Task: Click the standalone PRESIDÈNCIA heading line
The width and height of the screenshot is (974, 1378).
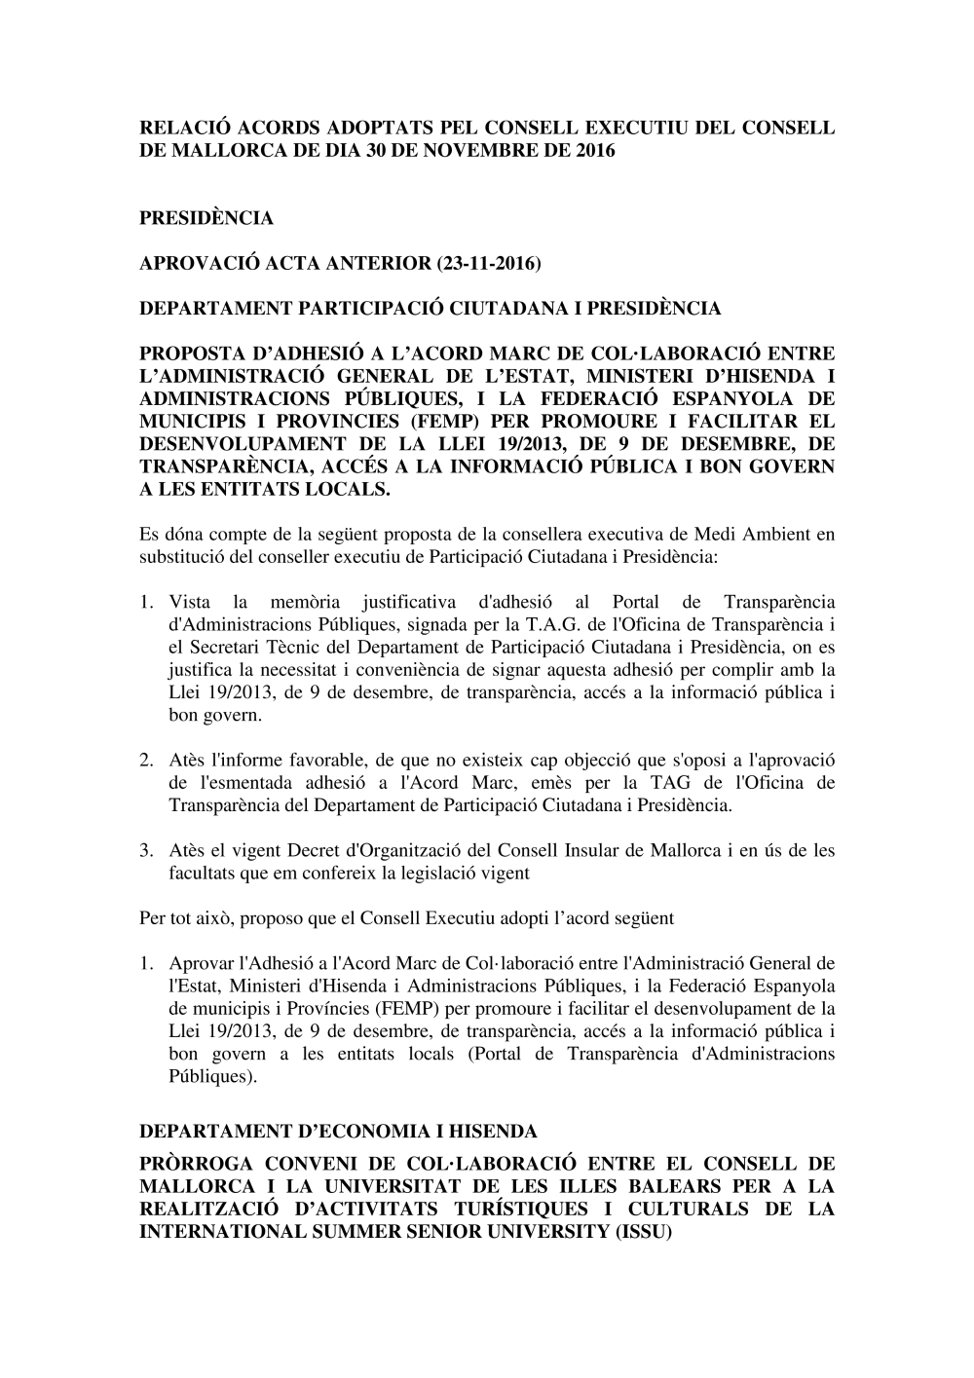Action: [206, 218]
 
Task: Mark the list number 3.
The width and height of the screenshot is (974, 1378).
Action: [146, 850]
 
